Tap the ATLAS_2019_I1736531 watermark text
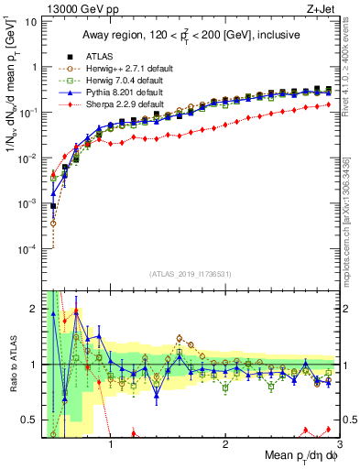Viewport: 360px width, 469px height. [x=190, y=274]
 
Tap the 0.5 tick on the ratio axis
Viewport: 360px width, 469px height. [x=28, y=420]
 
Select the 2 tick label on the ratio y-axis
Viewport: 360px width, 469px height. [x=33, y=308]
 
